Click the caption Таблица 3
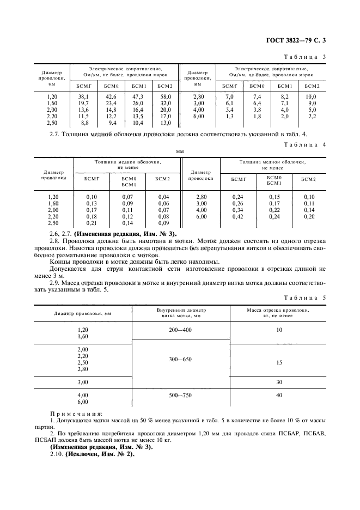(x=305, y=57)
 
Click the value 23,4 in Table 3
(x=111, y=103)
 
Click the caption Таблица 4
(x=305, y=145)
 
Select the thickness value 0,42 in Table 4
(x=237, y=216)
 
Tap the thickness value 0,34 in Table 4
(x=237, y=210)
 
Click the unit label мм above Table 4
(x=180, y=153)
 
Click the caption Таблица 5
(x=305, y=298)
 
